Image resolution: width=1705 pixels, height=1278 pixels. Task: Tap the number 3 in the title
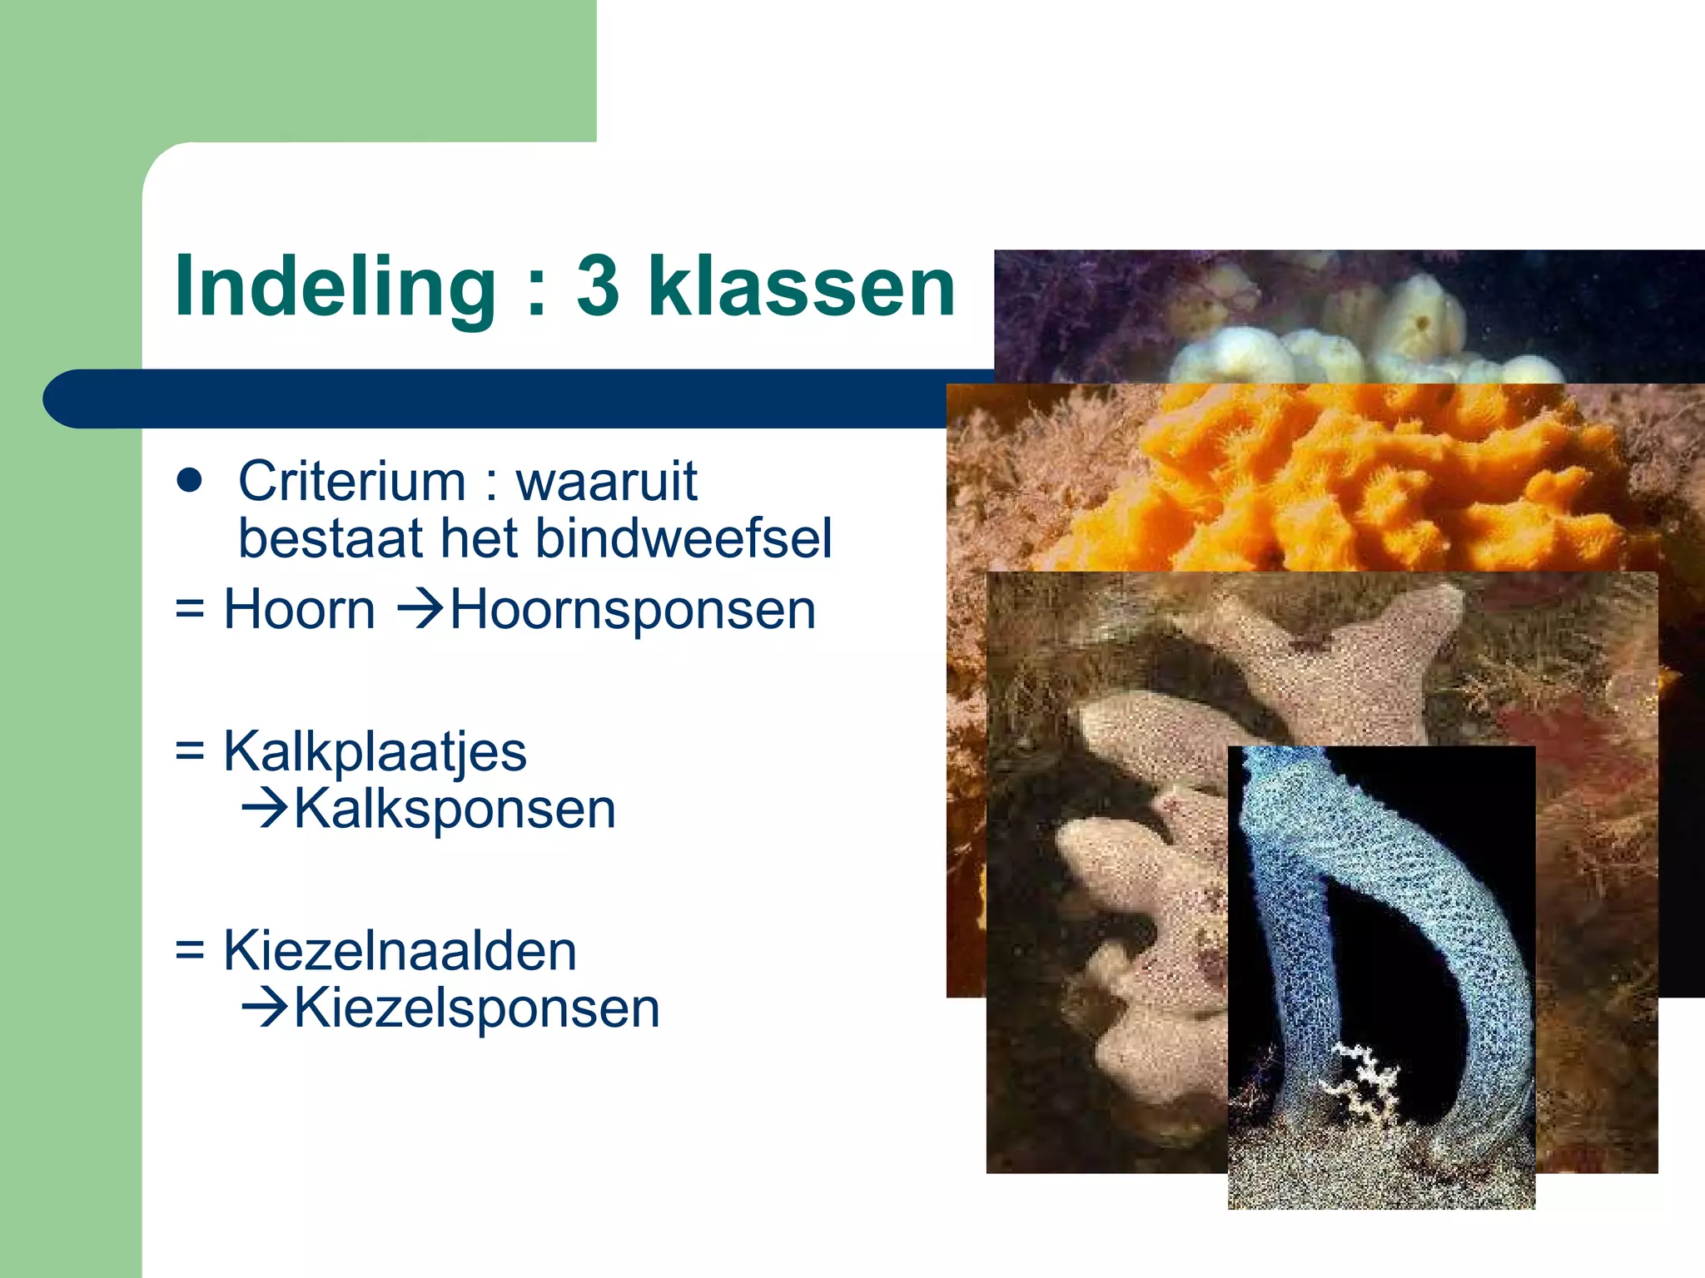(x=598, y=287)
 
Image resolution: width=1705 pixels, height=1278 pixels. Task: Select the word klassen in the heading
(x=801, y=287)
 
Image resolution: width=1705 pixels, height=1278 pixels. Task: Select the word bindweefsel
(x=683, y=538)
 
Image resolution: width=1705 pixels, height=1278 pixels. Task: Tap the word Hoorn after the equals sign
(x=300, y=609)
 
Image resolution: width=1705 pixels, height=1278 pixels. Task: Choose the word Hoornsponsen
(x=633, y=611)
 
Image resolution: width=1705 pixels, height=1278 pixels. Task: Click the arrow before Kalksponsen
(x=264, y=809)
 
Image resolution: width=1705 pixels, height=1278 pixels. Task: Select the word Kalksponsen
(x=455, y=809)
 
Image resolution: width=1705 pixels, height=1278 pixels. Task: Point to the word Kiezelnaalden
(x=400, y=951)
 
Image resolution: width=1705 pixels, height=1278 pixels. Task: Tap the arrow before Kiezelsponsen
(x=264, y=1008)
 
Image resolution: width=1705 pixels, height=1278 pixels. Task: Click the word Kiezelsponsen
(x=476, y=1008)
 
